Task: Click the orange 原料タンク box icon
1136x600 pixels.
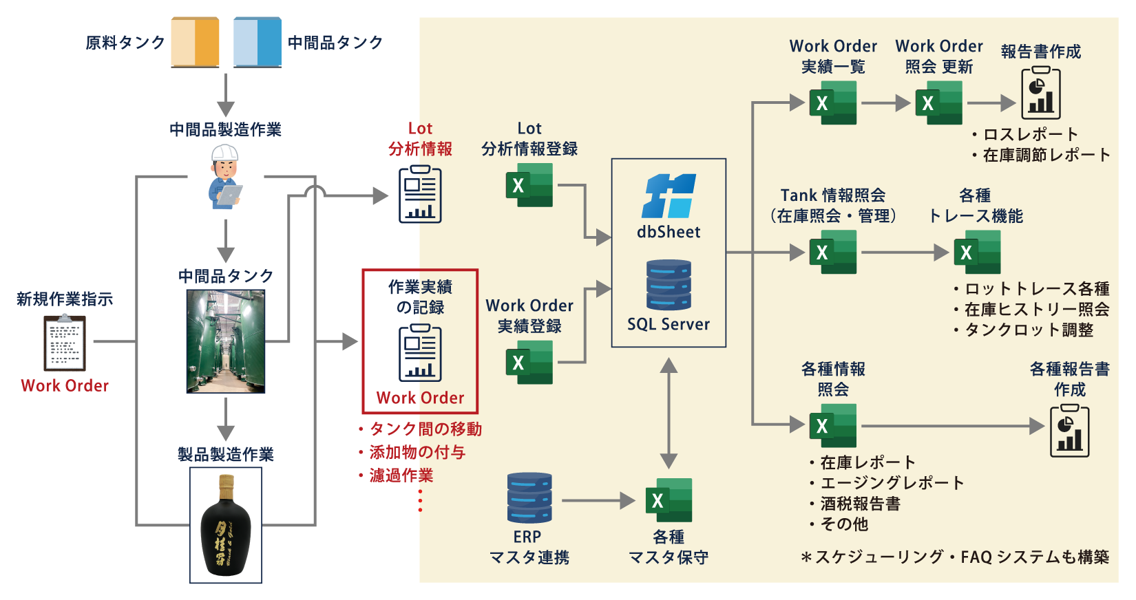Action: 195,42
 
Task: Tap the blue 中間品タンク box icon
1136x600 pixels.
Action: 257,42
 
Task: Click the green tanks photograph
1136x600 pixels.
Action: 226,341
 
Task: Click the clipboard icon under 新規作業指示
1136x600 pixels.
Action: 65,343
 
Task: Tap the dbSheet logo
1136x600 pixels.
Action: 669,195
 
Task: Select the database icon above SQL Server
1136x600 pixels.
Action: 669,285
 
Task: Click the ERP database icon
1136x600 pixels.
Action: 529,497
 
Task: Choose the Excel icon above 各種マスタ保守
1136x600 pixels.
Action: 669,500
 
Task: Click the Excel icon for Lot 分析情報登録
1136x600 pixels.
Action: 529,185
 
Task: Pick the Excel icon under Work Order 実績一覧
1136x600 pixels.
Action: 833,103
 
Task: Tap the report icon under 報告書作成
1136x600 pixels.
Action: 1041,93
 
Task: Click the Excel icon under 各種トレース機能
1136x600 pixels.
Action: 977,252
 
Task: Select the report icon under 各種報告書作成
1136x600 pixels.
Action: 1069,431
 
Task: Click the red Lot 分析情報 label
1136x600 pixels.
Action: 420,138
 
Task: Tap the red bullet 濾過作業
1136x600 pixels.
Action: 401,475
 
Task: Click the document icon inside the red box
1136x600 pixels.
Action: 420,353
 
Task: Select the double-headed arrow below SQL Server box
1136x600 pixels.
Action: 669,413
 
